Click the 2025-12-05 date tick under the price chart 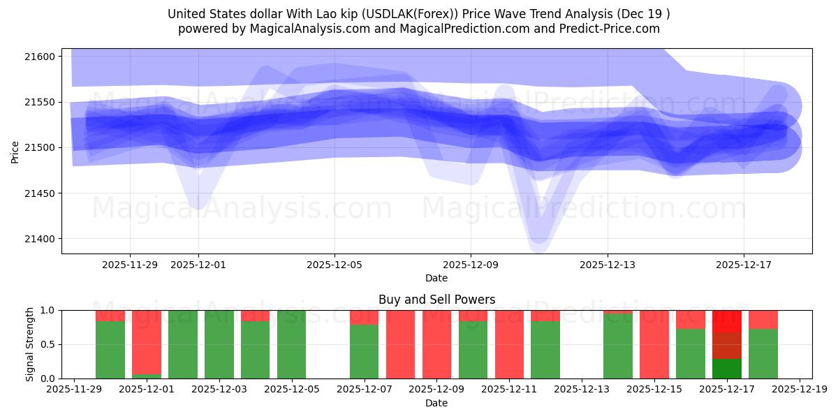pos(335,265)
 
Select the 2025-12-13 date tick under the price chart pos(607,265)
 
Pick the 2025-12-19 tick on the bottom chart pos(800,390)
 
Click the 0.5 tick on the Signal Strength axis pos(50,344)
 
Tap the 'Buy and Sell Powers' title pos(436,300)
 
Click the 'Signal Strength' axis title pos(29,344)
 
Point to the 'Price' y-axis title pos(15,151)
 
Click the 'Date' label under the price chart pos(436,278)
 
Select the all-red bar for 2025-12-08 pos(401,344)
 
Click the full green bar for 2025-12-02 pos(183,344)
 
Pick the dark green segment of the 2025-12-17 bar pos(727,369)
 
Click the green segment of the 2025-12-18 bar pos(763,354)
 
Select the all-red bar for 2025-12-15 pos(654,344)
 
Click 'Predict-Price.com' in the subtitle pos(607,29)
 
